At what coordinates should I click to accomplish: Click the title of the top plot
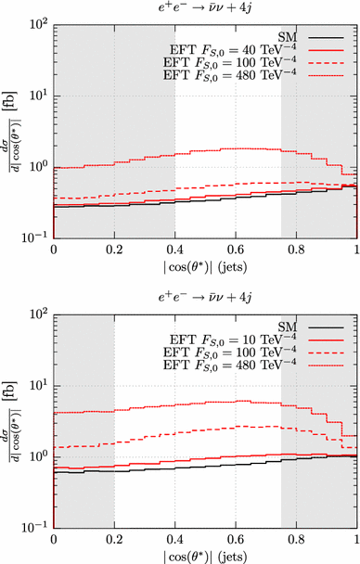(204, 8)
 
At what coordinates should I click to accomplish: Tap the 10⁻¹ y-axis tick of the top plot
(36, 238)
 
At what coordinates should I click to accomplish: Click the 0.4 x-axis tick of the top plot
(174, 250)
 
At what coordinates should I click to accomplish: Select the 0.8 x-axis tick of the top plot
(296, 250)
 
